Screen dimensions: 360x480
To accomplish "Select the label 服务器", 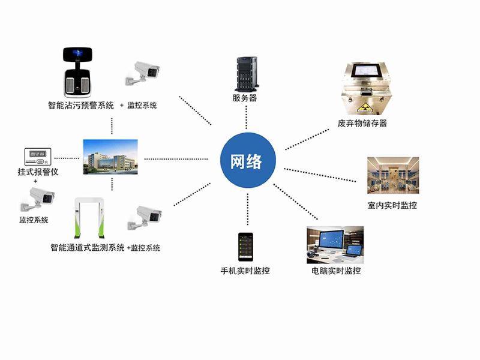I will pyautogui.click(x=245, y=98).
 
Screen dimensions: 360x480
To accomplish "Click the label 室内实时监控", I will pyautogui.click(x=392, y=205).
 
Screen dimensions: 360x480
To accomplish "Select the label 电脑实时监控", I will pyautogui.click(x=336, y=271).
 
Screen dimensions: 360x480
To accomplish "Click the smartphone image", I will pyautogui.click(x=244, y=245).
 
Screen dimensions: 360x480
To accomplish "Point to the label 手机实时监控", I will pyautogui.click(x=245, y=271).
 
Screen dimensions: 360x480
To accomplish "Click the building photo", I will pyautogui.click(x=110, y=156).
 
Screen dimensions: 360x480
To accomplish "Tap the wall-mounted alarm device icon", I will pyautogui.click(x=36, y=157).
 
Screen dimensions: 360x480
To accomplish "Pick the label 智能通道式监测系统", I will pyautogui.click(x=88, y=247).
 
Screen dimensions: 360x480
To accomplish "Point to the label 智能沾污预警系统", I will pyautogui.click(x=80, y=105).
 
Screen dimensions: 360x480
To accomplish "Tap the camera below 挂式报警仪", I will pyautogui.click(x=36, y=199).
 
